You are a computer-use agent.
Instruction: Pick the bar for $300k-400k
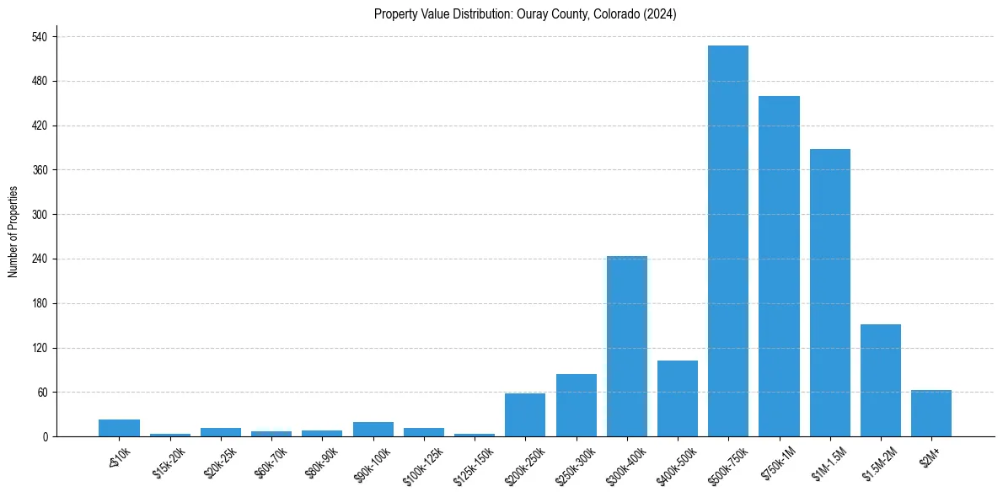(627, 346)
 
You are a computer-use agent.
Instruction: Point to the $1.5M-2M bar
(881, 380)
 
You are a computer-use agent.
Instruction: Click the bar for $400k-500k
(678, 398)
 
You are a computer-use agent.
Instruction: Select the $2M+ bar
(931, 413)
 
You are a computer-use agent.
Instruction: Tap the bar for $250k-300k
(577, 405)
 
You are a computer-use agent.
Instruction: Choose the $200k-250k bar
(525, 414)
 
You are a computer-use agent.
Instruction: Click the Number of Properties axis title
(13, 232)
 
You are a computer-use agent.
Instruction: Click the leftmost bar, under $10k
(119, 428)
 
